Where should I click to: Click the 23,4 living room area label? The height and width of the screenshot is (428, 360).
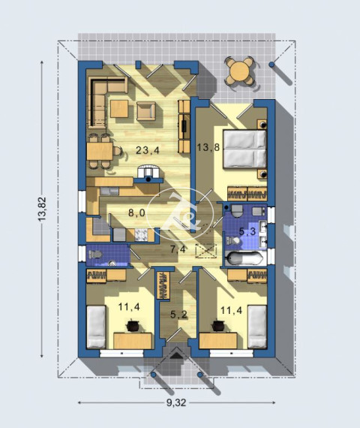[x=147, y=150]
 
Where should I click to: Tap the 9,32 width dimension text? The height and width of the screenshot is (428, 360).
[x=176, y=402]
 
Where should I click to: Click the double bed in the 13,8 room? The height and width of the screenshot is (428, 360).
[x=244, y=149]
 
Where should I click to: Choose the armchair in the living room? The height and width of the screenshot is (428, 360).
[x=146, y=111]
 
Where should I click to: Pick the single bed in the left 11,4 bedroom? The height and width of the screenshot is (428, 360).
[x=96, y=327]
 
